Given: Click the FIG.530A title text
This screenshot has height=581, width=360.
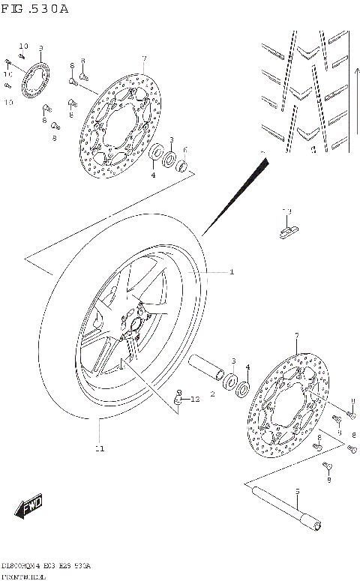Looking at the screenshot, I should (x=35, y=10).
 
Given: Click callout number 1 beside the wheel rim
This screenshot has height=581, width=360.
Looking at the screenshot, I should (x=232, y=271).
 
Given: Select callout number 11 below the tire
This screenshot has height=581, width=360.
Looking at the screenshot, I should (x=99, y=448).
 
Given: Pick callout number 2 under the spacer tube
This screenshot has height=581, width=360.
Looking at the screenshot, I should (x=212, y=393).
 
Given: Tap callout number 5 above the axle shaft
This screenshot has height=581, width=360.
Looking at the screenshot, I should (x=297, y=492).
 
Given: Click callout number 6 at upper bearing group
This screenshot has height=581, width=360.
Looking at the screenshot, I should (x=185, y=149).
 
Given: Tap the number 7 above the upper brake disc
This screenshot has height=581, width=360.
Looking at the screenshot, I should (x=143, y=58).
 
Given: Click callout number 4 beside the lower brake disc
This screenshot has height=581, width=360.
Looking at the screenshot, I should (x=247, y=367).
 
